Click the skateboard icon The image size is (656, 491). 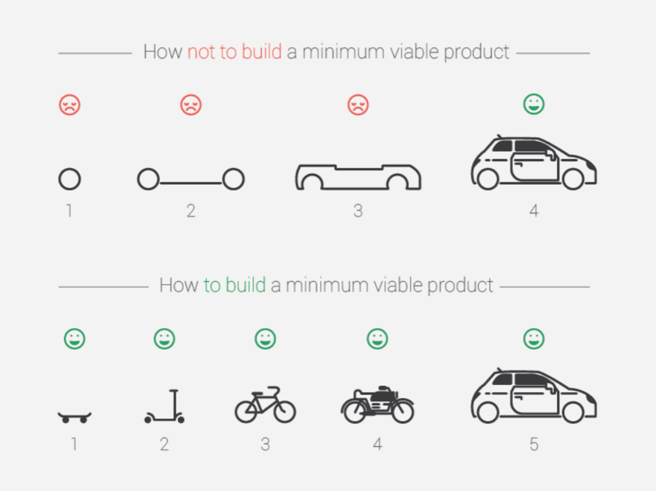(x=75, y=417)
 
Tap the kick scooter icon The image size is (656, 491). (x=165, y=407)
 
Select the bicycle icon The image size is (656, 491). (x=265, y=405)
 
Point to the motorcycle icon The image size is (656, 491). (x=378, y=405)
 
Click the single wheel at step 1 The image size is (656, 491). (x=69, y=179)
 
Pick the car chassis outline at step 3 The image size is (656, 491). (x=358, y=177)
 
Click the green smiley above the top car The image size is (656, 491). (x=534, y=104)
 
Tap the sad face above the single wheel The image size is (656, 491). (x=69, y=105)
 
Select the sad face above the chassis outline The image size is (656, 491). (x=358, y=105)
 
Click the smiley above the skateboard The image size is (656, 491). (x=75, y=339)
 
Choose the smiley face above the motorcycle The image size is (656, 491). (x=377, y=339)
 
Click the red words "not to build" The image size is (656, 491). (x=234, y=52)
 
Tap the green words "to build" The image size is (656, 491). (x=235, y=284)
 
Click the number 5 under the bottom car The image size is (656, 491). (x=534, y=444)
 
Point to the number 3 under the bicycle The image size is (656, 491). (x=265, y=444)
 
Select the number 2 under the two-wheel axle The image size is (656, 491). (x=191, y=211)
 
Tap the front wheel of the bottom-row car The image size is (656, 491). (x=573, y=412)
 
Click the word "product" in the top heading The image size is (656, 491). (x=477, y=52)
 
